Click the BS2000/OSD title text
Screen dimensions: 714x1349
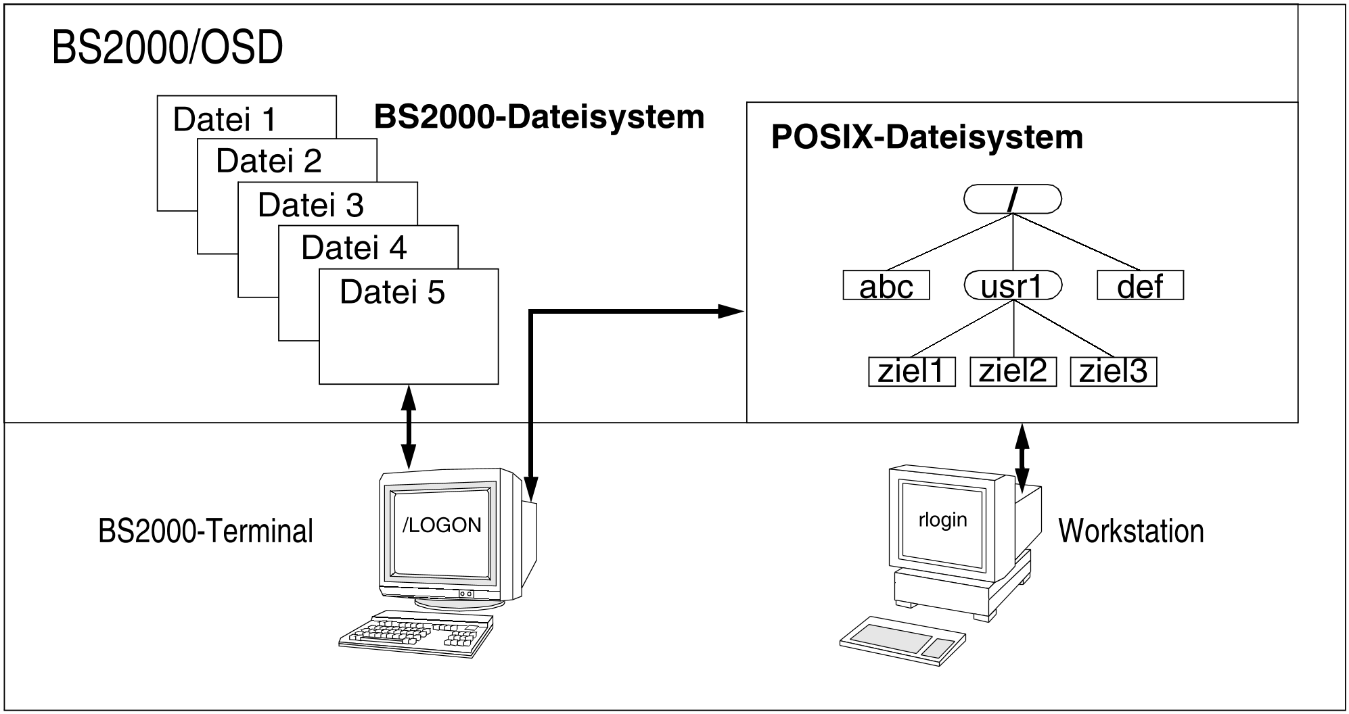(x=167, y=49)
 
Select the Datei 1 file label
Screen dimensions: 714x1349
(x=225, y=120)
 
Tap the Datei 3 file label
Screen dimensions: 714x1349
(x=311, y=205)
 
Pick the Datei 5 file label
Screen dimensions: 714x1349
(x=392, y=292)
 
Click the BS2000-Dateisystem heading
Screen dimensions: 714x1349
(x=539, y=117)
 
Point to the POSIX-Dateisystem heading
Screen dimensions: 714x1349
(x=927, y=137)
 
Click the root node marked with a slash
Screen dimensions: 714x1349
(x=1012, y=199)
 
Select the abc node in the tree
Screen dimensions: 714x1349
(x=886, y=285)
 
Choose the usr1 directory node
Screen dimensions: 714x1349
(x=1013, y=285)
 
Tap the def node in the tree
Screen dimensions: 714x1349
(x=1140, y=285)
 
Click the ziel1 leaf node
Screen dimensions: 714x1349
(x=911, y=372)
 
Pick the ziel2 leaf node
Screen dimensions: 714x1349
(x=1013, y=371)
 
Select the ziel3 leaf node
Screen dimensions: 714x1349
(x=1114, y=372)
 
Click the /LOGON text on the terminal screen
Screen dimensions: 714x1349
(x=442, y=525)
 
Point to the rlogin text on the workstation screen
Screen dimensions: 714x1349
(x=942, y=519)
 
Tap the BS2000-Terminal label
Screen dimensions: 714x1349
(x=206, y=531)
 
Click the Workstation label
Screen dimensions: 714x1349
(x=1131, y=531)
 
